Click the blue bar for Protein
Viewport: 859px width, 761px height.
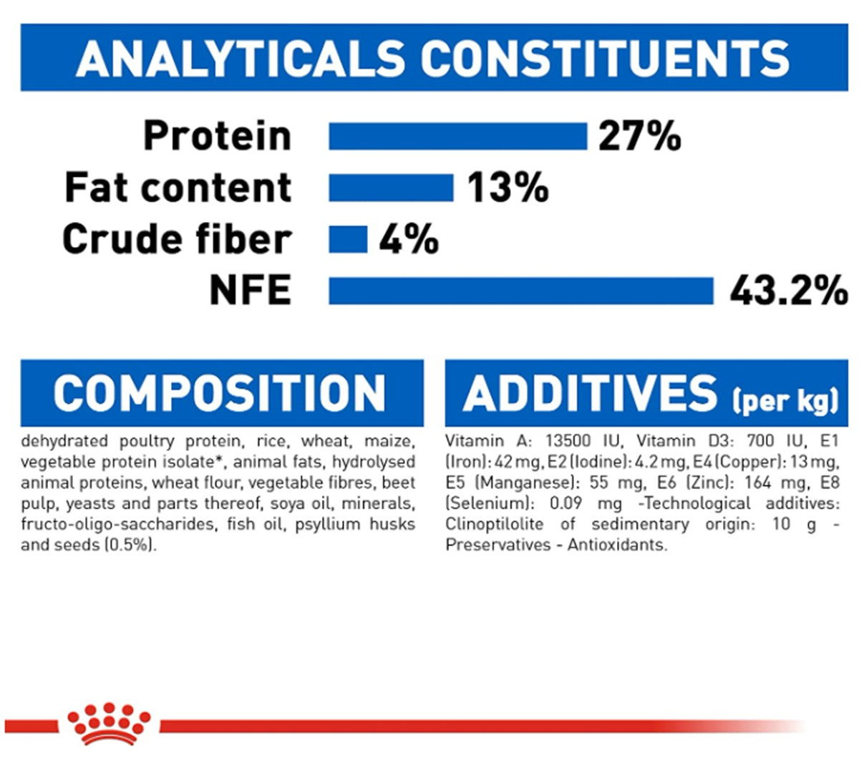[457, 136]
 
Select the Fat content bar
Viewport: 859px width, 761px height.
[391, 188]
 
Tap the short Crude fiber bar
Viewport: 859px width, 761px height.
[348, 239]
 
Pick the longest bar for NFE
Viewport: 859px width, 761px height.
[521, 291]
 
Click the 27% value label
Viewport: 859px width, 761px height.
[639, 136]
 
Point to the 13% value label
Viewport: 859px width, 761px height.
[508, 188]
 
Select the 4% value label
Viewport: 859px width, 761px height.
[408, 239]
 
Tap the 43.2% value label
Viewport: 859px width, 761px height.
[788, 291]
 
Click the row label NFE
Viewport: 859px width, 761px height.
[250, 291]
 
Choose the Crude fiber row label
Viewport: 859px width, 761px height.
[177, 239]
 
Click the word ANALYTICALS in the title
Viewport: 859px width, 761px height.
[241, 58]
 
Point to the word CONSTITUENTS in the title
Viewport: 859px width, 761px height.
[605, 58]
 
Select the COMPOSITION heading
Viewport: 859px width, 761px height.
[220, 393]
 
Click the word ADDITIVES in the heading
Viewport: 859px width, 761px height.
[589, 393]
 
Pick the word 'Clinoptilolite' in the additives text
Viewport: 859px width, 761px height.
[494, 524]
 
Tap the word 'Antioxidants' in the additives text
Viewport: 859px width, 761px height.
[617, 545]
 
